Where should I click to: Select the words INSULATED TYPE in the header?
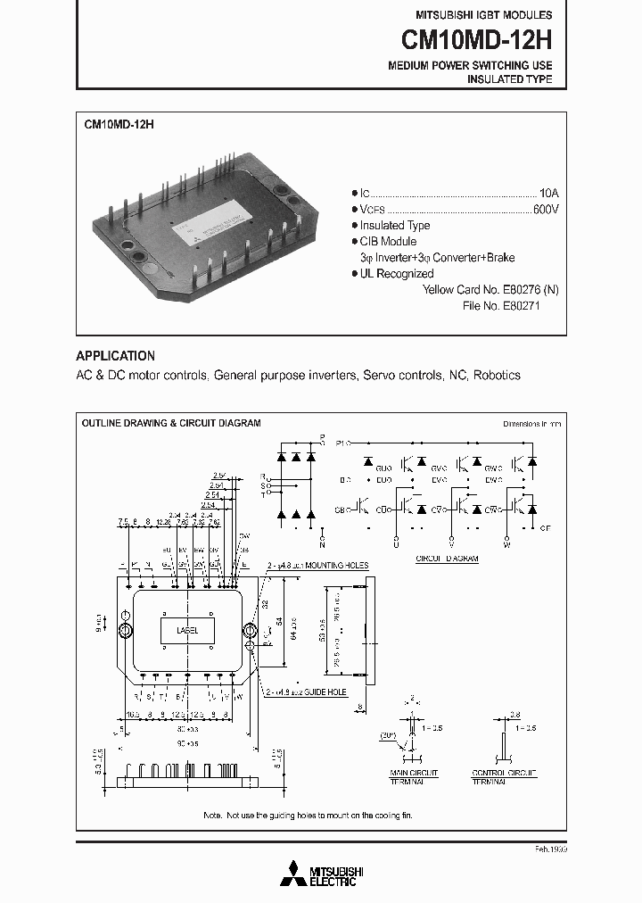(509, 79)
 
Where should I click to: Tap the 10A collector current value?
(549, 193)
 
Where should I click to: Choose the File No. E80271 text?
(501, 305)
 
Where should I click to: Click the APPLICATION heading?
(115, 355)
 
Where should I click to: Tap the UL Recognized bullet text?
(396, 274)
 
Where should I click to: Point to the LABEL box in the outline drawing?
(187, 630)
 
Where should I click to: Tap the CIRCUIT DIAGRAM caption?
(447, 558)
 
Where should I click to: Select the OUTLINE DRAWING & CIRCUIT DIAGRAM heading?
(171, 423)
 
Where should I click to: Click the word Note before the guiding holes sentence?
(213, 816)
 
